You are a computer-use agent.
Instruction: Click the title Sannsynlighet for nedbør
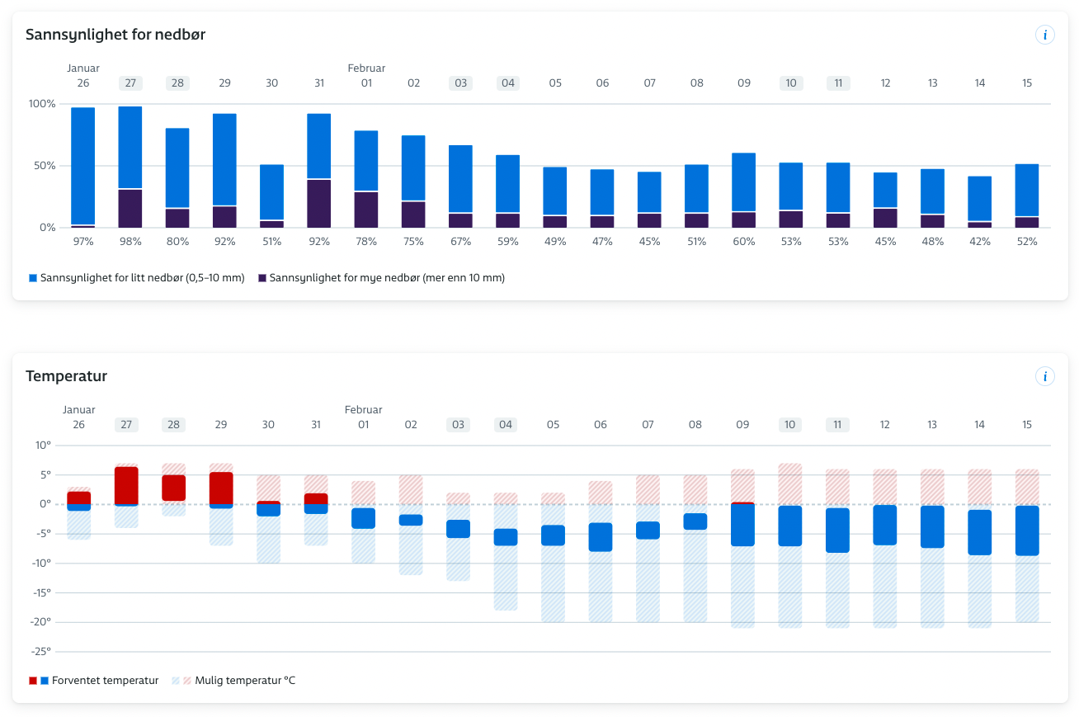[115, 35]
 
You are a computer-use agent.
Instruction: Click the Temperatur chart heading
[67, 376]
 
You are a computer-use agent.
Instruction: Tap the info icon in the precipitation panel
[1045, 35]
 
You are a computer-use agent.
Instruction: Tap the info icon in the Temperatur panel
[1045, 376]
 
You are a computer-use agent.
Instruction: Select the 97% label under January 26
[83, 242]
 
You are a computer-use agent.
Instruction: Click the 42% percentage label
[980, 242]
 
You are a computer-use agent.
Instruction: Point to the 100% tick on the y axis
[41, 104]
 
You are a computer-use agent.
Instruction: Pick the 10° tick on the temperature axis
[43, 446]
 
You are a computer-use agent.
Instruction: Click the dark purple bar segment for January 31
[319, 203]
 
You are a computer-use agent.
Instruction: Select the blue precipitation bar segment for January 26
[83, 165]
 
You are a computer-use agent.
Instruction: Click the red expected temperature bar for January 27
[126, 485]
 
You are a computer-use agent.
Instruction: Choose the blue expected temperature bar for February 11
[837, 530]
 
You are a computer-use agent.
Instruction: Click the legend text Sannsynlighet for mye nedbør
[387, 278]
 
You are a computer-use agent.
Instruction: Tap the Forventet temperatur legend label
[105, 681]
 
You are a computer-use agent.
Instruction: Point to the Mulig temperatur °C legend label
[244, 681]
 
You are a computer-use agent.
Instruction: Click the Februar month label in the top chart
[366, 68]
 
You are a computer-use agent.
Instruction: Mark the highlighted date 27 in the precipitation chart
[130, 83]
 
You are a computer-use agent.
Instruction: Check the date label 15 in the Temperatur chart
[1027, 425]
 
